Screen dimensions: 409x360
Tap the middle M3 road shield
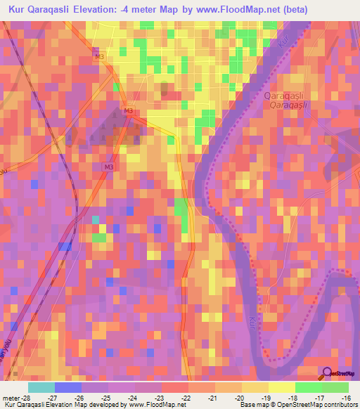(128, 111)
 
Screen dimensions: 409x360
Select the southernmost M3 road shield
(108, 167)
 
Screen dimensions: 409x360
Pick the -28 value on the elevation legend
(28, 397)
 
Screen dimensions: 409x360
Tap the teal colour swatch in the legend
(41, 387)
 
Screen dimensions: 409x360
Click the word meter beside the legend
(11, 397)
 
